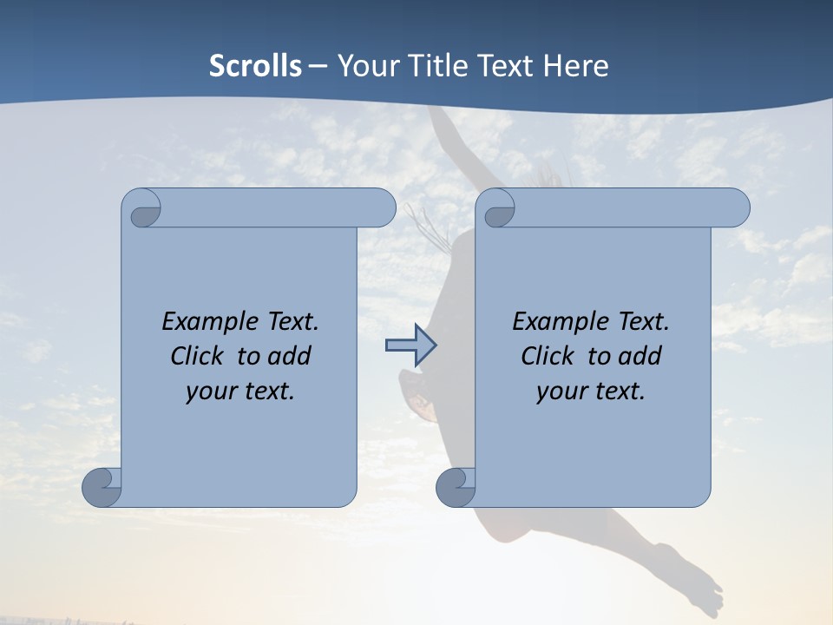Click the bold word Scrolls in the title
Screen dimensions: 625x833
point(256,65)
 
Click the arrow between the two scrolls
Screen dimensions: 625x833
point(410,345)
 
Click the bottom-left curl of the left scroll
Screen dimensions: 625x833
point(102,487)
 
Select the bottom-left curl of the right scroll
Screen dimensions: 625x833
point(456,487)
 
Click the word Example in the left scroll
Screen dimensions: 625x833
point(205,321)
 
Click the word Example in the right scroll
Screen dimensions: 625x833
point(555,321)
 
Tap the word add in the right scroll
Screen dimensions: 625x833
point(640,356)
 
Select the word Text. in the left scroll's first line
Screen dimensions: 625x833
point(289,321)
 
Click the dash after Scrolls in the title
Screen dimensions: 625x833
point(318,65)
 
